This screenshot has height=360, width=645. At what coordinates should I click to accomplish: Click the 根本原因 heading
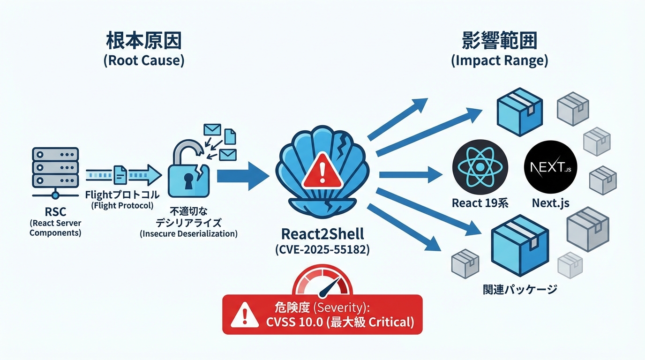point(144,42)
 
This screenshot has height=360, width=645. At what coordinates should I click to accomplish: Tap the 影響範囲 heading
point(499,42)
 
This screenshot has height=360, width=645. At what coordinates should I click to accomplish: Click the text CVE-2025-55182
point(322,250)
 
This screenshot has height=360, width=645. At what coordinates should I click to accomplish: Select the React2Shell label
point(322,234)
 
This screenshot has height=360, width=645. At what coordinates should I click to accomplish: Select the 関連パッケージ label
point(520,289)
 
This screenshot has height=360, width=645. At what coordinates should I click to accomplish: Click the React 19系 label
point(480,203)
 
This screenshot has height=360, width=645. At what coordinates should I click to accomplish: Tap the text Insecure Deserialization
point(188,233)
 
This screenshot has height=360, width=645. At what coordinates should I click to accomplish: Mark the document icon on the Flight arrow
point(120,175)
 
